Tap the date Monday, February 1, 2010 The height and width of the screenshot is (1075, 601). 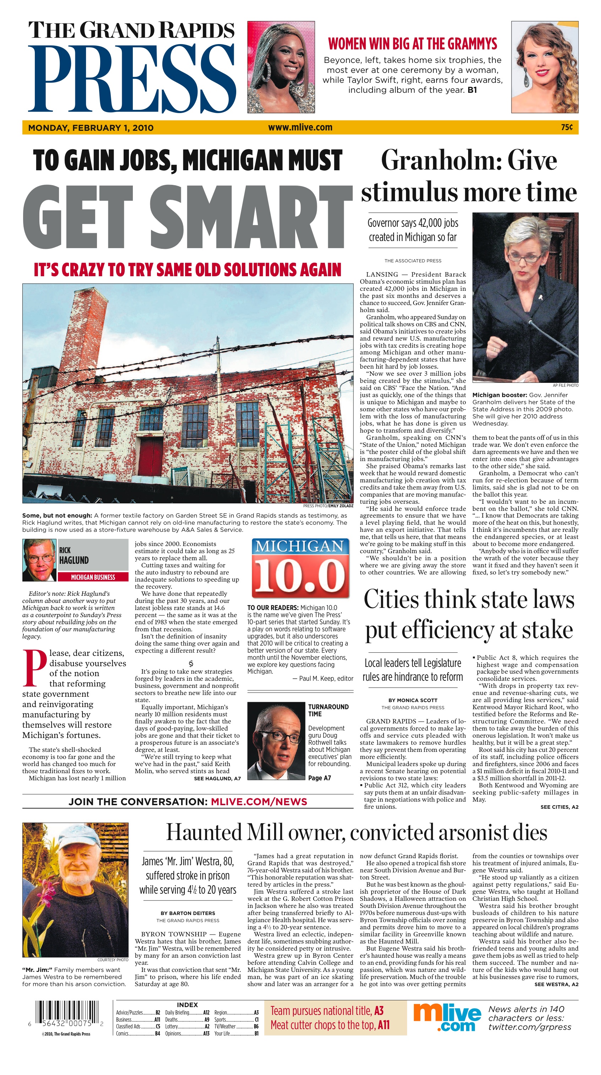(91, 128)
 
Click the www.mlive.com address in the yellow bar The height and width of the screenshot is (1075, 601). (300, 127)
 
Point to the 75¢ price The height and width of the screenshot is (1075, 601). (567, 127)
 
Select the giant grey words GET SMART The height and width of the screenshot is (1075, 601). (188, 218)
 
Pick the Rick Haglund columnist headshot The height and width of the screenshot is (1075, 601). (39, 560)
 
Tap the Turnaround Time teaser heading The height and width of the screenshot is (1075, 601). (328, 710)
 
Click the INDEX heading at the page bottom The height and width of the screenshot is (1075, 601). (187, 1005)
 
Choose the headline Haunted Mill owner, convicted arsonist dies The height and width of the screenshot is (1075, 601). (357, 833)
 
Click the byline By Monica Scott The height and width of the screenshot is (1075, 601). (412, 700)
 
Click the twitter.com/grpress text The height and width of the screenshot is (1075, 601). (530, 1027)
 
